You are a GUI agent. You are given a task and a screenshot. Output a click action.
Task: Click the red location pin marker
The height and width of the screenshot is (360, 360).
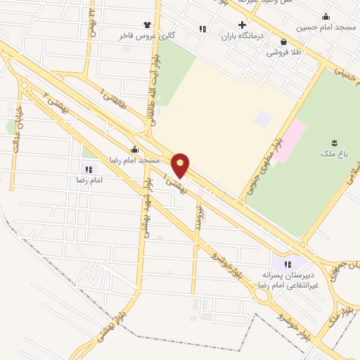coord(181,165)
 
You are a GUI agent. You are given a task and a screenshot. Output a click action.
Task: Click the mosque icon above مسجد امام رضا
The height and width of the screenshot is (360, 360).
coord(134,149)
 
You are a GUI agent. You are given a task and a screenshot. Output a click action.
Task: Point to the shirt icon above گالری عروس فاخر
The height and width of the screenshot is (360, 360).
coord(147,24)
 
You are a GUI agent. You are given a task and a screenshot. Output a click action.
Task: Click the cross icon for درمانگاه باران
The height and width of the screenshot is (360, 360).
coord(242,25)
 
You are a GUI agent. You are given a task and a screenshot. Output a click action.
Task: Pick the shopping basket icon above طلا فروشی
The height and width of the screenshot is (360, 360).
coord(283,41)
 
